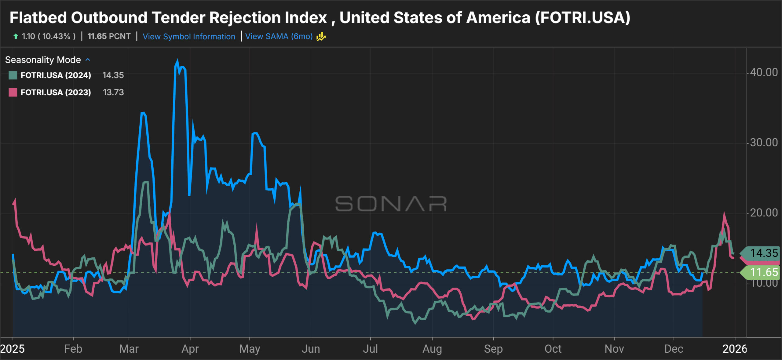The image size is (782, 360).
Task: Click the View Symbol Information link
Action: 189,37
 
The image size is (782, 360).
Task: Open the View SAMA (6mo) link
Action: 279,36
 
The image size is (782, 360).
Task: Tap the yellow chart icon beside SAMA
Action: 321,37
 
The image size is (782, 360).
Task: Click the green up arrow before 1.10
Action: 16,36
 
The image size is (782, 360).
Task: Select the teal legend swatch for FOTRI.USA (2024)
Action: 13,75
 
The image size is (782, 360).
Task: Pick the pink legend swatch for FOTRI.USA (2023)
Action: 13,92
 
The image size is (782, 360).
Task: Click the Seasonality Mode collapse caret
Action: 88,60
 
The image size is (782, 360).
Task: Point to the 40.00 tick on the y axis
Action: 764,72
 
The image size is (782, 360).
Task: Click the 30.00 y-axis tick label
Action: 764,143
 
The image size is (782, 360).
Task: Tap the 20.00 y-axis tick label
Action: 764,213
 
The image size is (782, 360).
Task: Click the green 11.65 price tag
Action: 763,272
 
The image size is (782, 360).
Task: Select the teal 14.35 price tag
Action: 763,253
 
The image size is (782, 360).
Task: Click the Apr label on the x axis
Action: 190,349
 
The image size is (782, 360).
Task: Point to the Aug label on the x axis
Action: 432,349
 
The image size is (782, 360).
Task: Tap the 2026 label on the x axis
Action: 735,349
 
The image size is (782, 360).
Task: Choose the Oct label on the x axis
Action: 553,349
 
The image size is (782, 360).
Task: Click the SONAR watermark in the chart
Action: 391,204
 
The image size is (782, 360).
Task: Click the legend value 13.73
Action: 113,92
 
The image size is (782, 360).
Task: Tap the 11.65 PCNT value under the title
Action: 109,36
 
